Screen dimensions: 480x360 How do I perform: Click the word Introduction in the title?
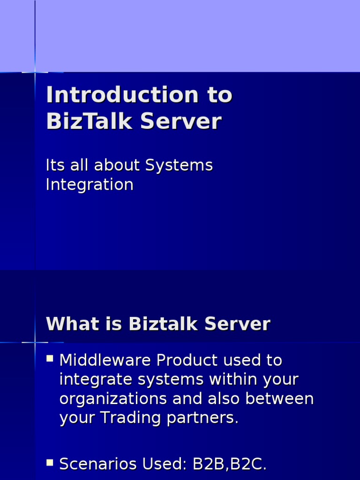(122, 96)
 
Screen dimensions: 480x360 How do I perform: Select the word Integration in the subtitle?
(90, 184)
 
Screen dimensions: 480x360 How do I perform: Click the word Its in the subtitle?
(54, 165)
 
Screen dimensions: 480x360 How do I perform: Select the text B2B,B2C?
(230, 464)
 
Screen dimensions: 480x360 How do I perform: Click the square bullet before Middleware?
(50, 359)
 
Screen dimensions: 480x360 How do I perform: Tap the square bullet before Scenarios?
(50, 463)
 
